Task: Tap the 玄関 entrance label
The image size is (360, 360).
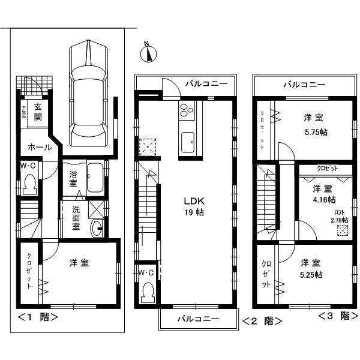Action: (38, 112)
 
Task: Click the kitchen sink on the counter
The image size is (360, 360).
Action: (187, 143)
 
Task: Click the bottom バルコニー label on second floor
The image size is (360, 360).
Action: (197, 319)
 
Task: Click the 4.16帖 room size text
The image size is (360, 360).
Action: (324, 199)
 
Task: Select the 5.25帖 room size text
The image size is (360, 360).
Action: (312, 275)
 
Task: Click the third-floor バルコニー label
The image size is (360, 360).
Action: (304, 85)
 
